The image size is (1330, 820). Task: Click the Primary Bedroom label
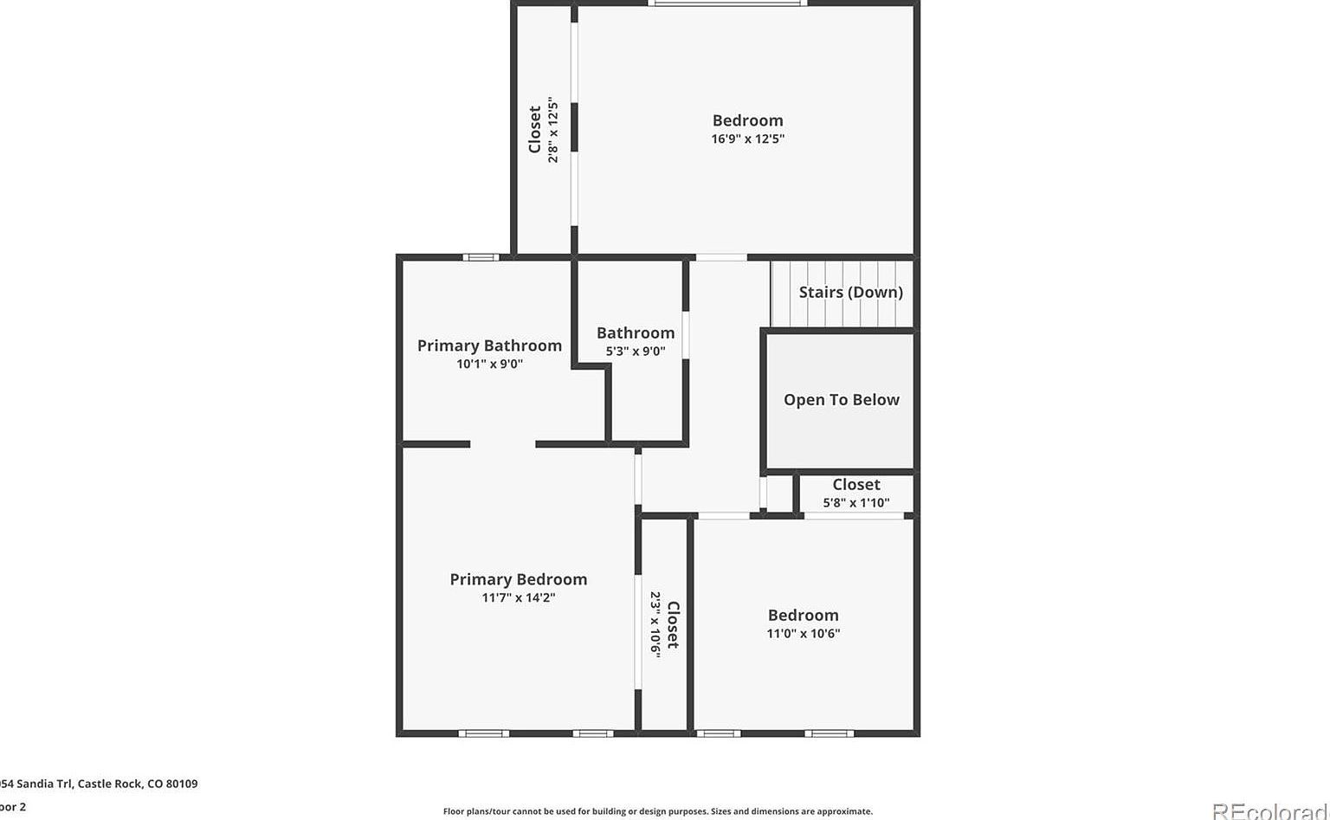coord(518,579)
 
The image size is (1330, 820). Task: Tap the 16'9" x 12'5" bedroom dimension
coord(747,139)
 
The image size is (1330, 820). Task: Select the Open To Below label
coord(841,399)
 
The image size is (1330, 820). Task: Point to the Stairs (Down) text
coord(850,292)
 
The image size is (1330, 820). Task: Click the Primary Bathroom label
coord(489,345)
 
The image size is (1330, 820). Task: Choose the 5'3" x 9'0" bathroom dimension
coord(635,351)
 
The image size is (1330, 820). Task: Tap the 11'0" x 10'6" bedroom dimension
coord(803,633)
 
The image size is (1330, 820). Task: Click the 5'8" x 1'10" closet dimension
coord(855,502)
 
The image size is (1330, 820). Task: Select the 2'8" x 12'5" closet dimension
coord(552,131)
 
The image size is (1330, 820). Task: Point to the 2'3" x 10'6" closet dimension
coord(655,624)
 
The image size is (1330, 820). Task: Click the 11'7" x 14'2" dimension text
coord(518,597)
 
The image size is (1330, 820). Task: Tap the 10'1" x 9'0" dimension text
coord(489,364)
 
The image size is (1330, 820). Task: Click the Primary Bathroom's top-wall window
coord(480,257)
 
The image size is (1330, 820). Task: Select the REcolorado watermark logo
coord(1269,810)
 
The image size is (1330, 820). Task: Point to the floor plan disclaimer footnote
coord(657,811)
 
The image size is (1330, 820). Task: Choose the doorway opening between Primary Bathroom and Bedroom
coord(502,444)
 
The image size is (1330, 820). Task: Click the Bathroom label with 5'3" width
coord(635,333)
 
